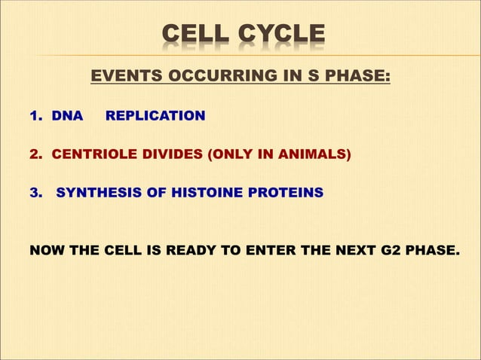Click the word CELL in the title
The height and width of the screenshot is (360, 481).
(197, 35)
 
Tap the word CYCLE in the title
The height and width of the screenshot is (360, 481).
(280, 35)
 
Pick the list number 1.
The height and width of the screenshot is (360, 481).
(35, 116)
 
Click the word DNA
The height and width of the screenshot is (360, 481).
(67, 116)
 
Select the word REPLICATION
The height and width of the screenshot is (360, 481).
(155, 116)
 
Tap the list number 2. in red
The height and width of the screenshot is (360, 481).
(36, 154)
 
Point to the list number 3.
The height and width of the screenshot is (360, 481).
(36, 193)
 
